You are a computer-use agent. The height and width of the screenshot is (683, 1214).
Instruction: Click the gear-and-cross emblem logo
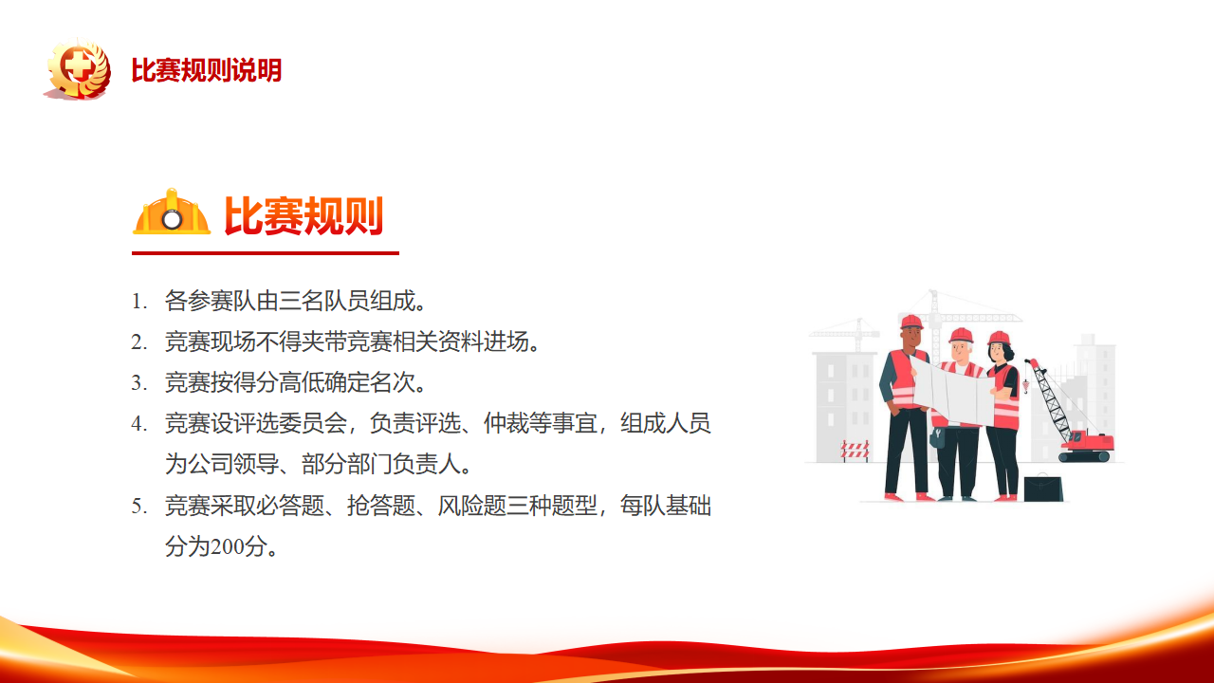coord(79,69)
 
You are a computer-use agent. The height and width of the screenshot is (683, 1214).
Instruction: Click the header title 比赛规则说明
coord(207,70)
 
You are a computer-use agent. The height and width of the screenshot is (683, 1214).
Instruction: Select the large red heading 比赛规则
coord(303,215)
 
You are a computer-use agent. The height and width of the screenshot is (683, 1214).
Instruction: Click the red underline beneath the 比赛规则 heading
coord(266,253)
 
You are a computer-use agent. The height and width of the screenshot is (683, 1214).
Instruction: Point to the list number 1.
coord(138,302)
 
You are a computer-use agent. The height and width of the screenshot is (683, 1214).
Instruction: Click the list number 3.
coord(138,383)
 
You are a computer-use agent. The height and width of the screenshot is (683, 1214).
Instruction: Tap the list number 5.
coord(138,507)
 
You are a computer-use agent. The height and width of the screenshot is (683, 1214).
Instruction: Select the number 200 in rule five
coord(227,546)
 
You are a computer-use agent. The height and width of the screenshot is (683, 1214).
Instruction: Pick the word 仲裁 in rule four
coord(506,423)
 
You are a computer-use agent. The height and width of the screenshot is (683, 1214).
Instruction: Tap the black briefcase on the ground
coord(1043,488)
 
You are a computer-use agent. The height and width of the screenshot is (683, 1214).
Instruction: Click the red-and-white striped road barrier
coord(855,451)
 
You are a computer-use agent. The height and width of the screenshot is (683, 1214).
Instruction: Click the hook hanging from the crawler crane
coord(1025,385)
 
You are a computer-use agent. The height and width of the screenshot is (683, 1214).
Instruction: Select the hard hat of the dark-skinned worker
coord(911,322)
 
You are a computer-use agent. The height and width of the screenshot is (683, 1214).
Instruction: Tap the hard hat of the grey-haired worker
coord(961,335)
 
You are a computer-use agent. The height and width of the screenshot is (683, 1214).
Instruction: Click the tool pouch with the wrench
coord(937,438)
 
